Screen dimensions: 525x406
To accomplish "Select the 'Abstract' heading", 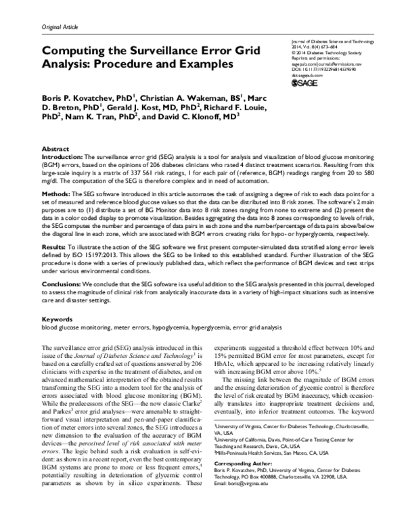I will (x=55, y=147).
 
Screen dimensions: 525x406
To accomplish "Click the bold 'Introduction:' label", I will (x=62, y=156).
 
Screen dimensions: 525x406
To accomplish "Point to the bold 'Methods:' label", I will (x=56, y=193).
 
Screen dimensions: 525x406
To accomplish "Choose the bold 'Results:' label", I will (x=55, y=249).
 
